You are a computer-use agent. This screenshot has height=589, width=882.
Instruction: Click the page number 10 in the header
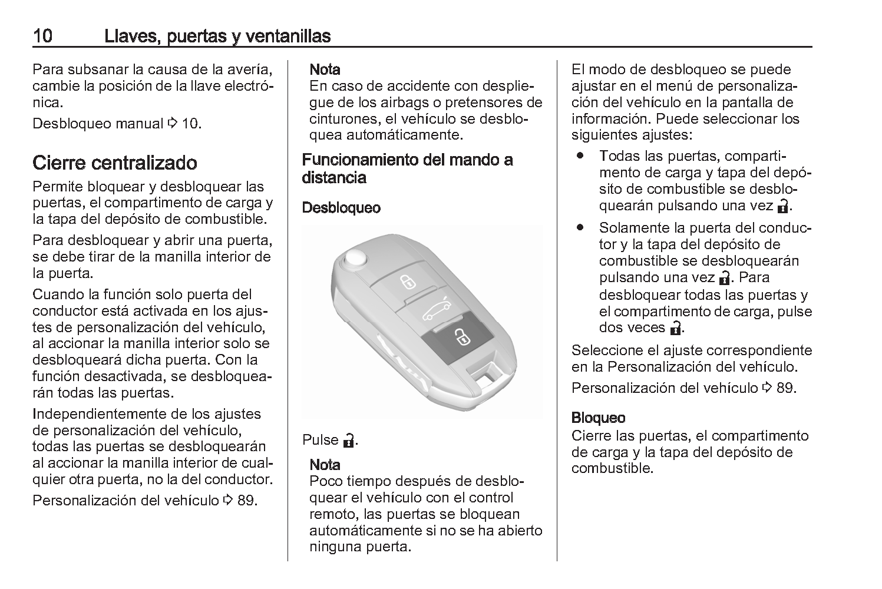pyautogui.click(x=43, y=36)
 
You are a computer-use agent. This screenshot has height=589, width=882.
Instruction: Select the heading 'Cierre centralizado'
pyautogui.click(x=115, y=163)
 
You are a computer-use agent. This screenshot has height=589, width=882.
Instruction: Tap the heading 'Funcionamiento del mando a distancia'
pyautogui.click(x=407, y=168)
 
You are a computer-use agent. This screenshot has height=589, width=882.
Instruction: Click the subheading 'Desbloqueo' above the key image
pyautogui.click(x=341, y=208)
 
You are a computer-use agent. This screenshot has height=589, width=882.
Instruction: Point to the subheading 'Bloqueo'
pyautogui.click(x=598, y=418)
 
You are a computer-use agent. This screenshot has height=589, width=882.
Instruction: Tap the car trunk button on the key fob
pyautogui.click(x=437, y=309)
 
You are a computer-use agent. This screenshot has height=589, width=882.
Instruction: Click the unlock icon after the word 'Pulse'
pyautogui.click(x=349, y=440)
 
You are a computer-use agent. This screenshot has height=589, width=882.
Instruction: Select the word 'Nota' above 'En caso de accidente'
pyautogui.click(x=325, y=70)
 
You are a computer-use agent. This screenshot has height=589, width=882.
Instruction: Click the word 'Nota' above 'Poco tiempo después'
pyautogui.click(x=325, y=465)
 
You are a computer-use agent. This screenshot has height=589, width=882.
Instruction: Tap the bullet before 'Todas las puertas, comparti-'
pyautogui.click(x=582, y=156)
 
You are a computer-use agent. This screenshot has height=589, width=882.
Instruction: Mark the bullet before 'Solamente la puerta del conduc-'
pyautogui.click(x=582, y=227)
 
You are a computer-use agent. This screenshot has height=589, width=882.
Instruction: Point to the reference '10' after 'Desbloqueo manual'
pyautogui.click(x=191, y=124)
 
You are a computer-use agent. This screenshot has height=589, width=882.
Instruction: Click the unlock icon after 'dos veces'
pyautogui.click(x=675, y=328)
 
